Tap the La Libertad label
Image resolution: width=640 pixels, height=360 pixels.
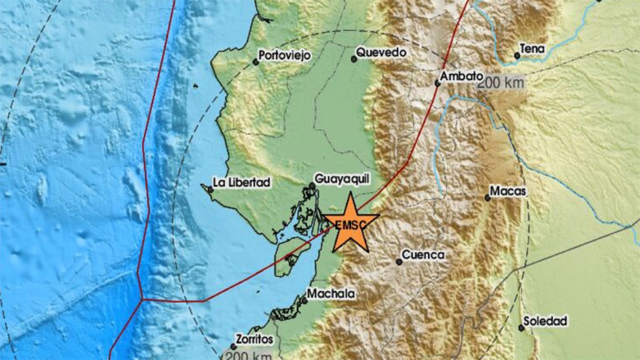[x=241, y=181]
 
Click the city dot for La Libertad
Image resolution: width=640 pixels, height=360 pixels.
[x=210, y=190]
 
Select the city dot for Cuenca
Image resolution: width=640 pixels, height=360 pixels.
[x=399, y=262]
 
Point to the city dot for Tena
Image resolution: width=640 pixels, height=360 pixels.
[x=517, y=56]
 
